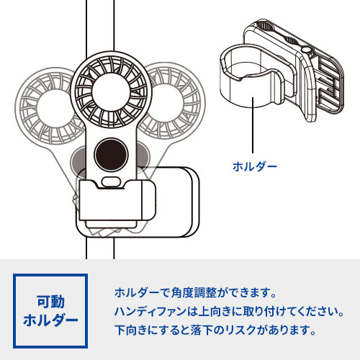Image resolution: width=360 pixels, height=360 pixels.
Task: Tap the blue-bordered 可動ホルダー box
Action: point(50,310)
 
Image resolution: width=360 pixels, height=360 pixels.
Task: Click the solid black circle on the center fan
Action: point(111,153)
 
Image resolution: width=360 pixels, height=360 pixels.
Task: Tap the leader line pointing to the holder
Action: point(253,127)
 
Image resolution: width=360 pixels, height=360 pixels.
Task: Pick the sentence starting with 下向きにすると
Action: point(215,331)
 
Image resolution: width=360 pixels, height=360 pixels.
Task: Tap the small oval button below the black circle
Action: point(111,180)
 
